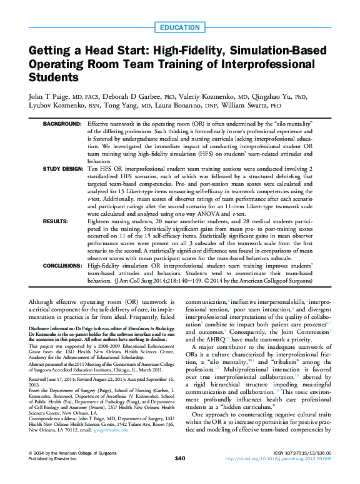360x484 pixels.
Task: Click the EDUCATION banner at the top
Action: [x=179, y=28]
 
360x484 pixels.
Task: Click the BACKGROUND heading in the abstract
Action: [x=62, y=125]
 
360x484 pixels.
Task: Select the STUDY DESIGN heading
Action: [x=62, y=169]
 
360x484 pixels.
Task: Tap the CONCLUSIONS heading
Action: [x=61, y=266]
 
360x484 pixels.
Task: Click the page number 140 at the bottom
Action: [x=180, y=476]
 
